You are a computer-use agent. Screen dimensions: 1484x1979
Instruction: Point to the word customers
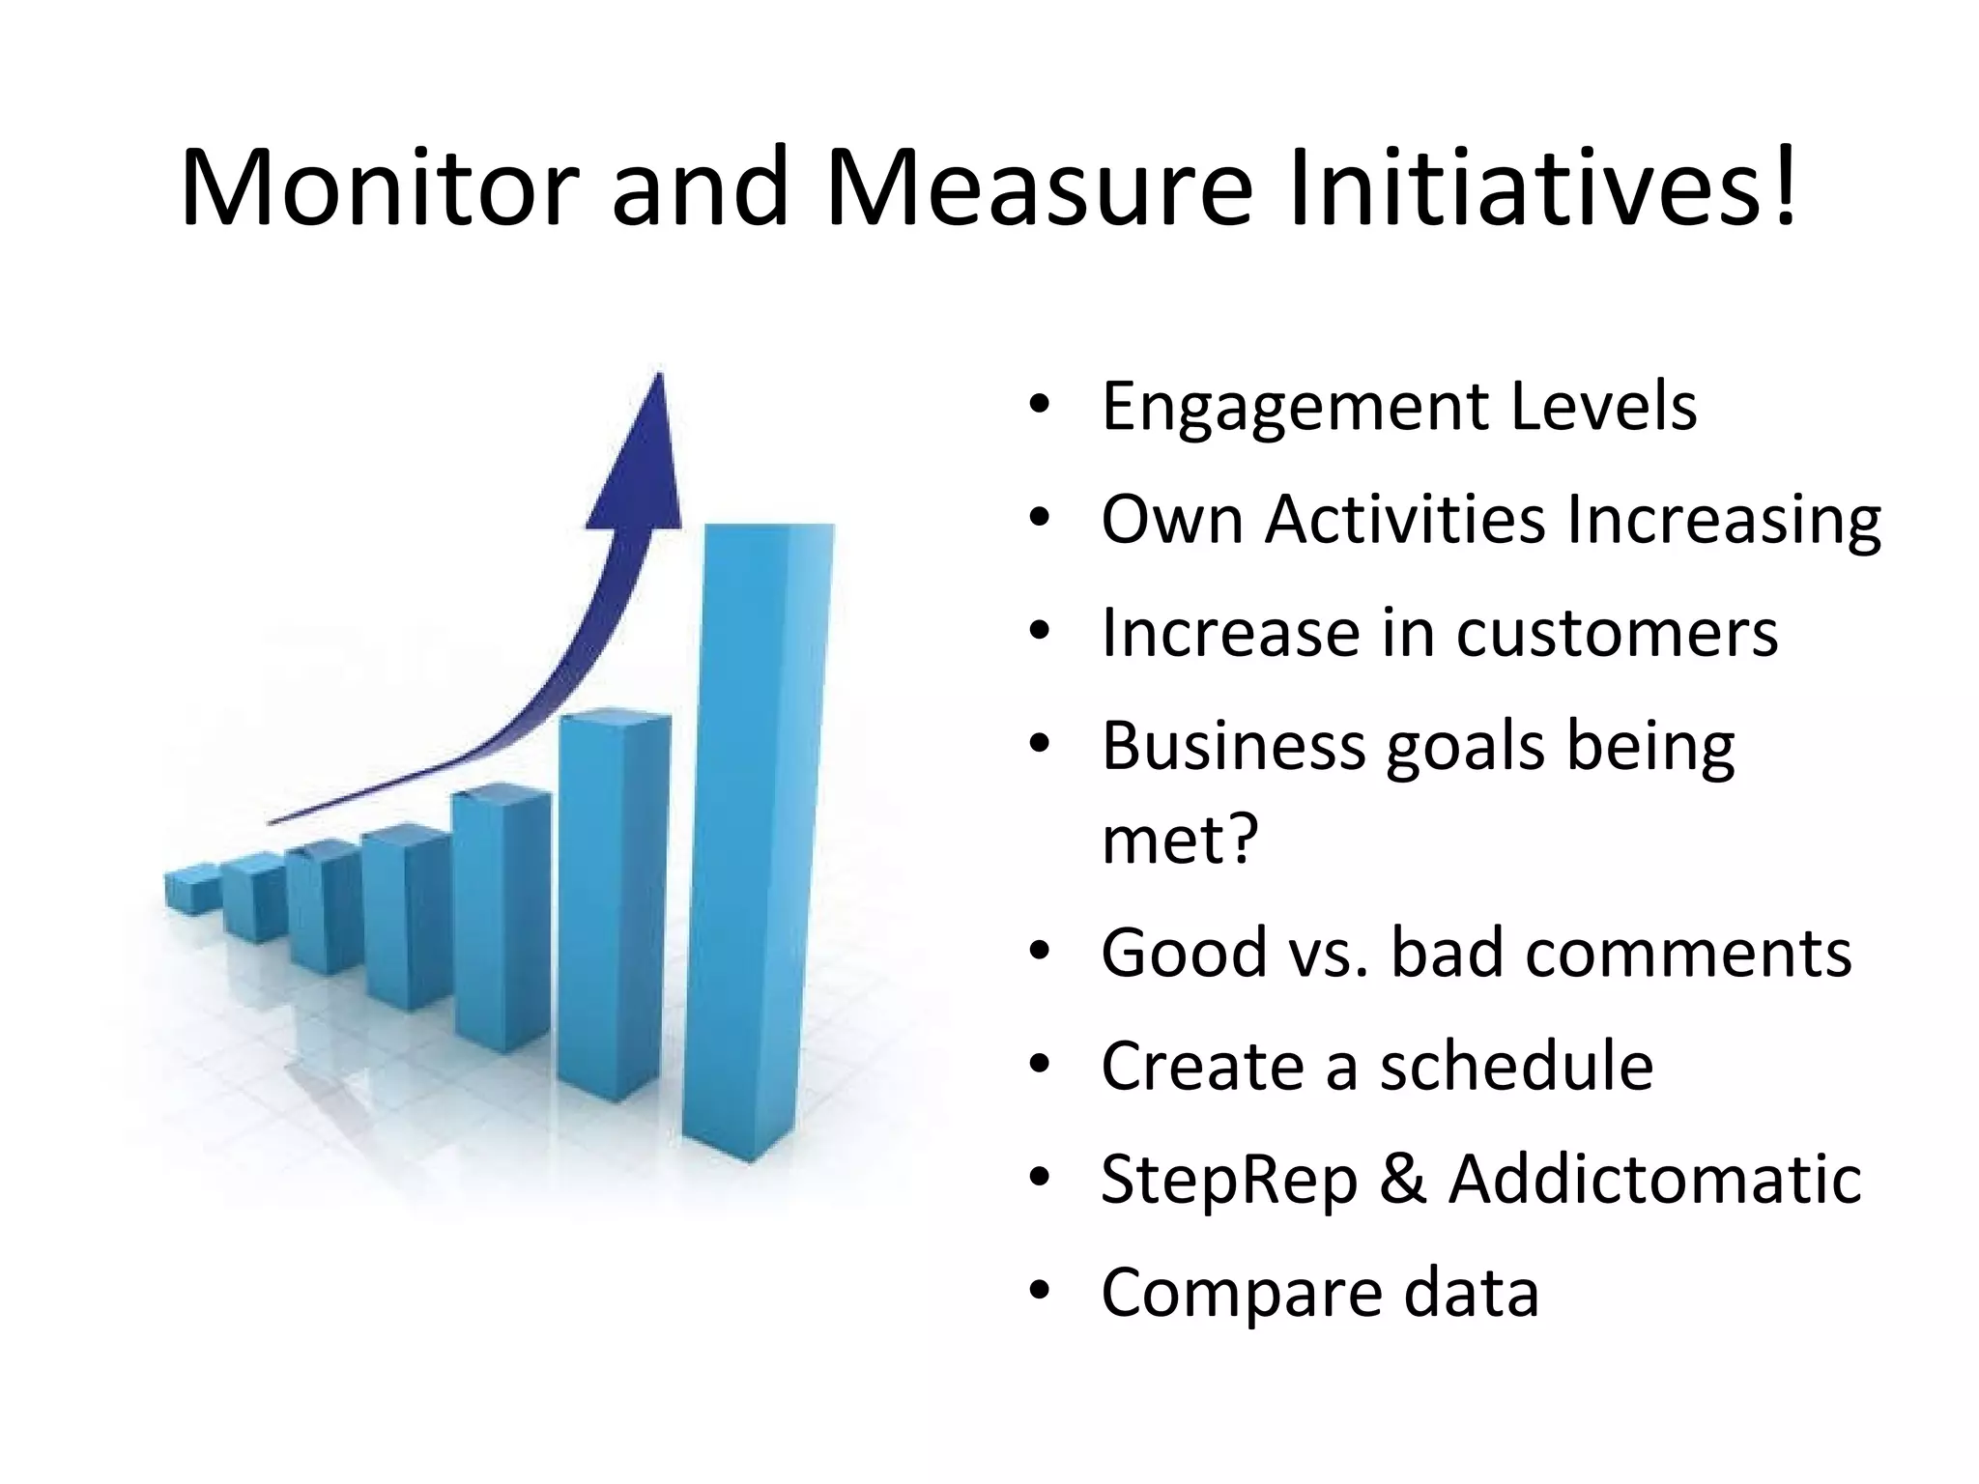click(1617, 634)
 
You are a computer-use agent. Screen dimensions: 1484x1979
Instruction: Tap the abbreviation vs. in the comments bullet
click(1329, 954)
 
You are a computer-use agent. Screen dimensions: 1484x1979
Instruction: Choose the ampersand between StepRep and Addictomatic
click(1403, 1180)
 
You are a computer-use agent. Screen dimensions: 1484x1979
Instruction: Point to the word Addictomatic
click(1654, 1180)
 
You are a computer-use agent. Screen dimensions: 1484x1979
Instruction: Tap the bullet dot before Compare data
click(1039, 1293)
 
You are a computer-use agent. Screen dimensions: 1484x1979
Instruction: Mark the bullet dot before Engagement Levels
click(1039, 407)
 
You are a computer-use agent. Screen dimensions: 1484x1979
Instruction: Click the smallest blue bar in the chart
click(190, 889)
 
